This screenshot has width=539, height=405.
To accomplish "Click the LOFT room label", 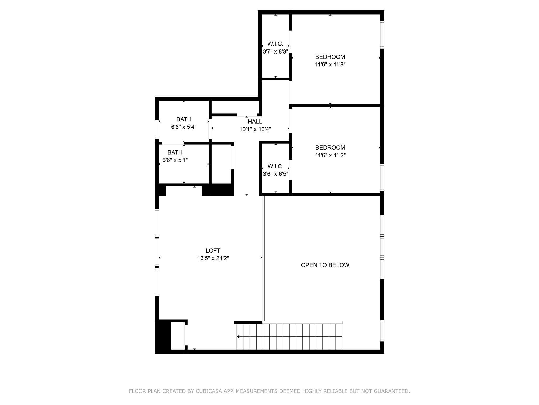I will point(213,250).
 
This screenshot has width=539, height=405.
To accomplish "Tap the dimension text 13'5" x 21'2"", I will point(213,258).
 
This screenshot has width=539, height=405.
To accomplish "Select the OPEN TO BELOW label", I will point(325,265).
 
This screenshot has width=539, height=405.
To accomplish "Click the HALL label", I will point(255,122).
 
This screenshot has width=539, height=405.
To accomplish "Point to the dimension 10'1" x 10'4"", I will point(255,129).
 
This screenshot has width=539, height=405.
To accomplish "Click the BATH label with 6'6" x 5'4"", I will point(184,119).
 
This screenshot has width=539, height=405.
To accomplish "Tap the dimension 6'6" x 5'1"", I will point(175,160).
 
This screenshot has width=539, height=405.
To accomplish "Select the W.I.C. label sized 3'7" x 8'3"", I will point(275,44).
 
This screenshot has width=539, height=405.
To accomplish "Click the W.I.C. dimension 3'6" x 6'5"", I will point(276,174).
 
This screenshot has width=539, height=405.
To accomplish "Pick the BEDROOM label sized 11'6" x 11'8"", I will point(330,57).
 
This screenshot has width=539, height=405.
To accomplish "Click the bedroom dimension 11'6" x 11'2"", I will point(330,155).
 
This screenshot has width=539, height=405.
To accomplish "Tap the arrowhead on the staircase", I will point(238,337).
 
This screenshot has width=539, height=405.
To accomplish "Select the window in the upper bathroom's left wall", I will point(157,129).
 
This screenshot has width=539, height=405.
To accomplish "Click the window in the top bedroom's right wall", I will point(382,35).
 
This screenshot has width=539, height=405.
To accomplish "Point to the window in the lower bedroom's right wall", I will point(382,177).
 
